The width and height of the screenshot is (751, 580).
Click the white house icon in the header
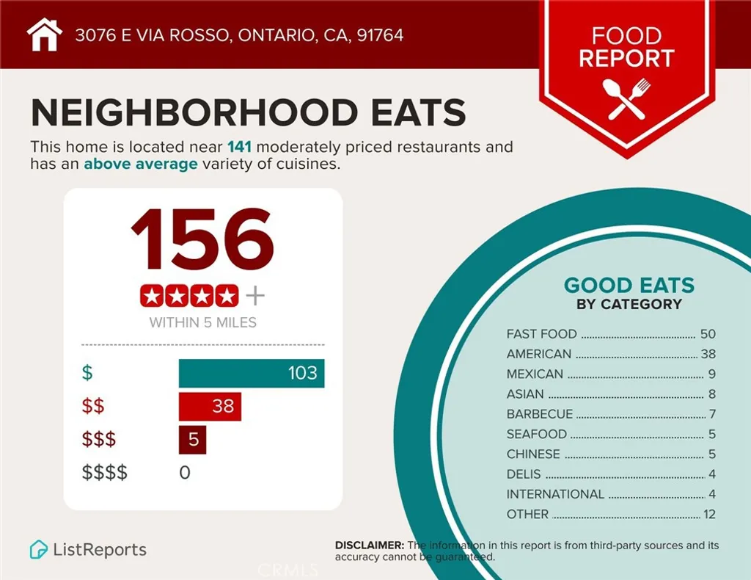coord(45,35)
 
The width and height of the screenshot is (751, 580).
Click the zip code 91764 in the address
coord(380,35)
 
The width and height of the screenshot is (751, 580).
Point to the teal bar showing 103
coord(251,373)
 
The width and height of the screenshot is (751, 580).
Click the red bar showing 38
coord(210,406)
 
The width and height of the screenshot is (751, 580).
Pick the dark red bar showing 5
coord(192,440)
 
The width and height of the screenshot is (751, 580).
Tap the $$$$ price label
coord(103,473)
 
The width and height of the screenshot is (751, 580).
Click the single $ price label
coord(87,373)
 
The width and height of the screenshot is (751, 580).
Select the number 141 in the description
coord(239,147)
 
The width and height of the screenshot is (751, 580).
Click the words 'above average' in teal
coord(140,164)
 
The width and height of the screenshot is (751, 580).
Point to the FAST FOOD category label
coord(541,334)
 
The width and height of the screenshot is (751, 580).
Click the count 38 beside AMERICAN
coord(708,354)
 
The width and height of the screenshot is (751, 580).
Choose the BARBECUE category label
coord(540,414)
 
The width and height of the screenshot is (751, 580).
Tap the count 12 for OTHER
coord(709,515)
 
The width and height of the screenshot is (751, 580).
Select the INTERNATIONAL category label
coord(555,494)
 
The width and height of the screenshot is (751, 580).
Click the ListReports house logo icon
coord(38,549)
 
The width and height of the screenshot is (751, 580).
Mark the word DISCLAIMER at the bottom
coord(369,545)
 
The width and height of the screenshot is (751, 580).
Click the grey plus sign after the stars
coord(254,296)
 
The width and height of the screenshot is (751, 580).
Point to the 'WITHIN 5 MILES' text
coord(202,322)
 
